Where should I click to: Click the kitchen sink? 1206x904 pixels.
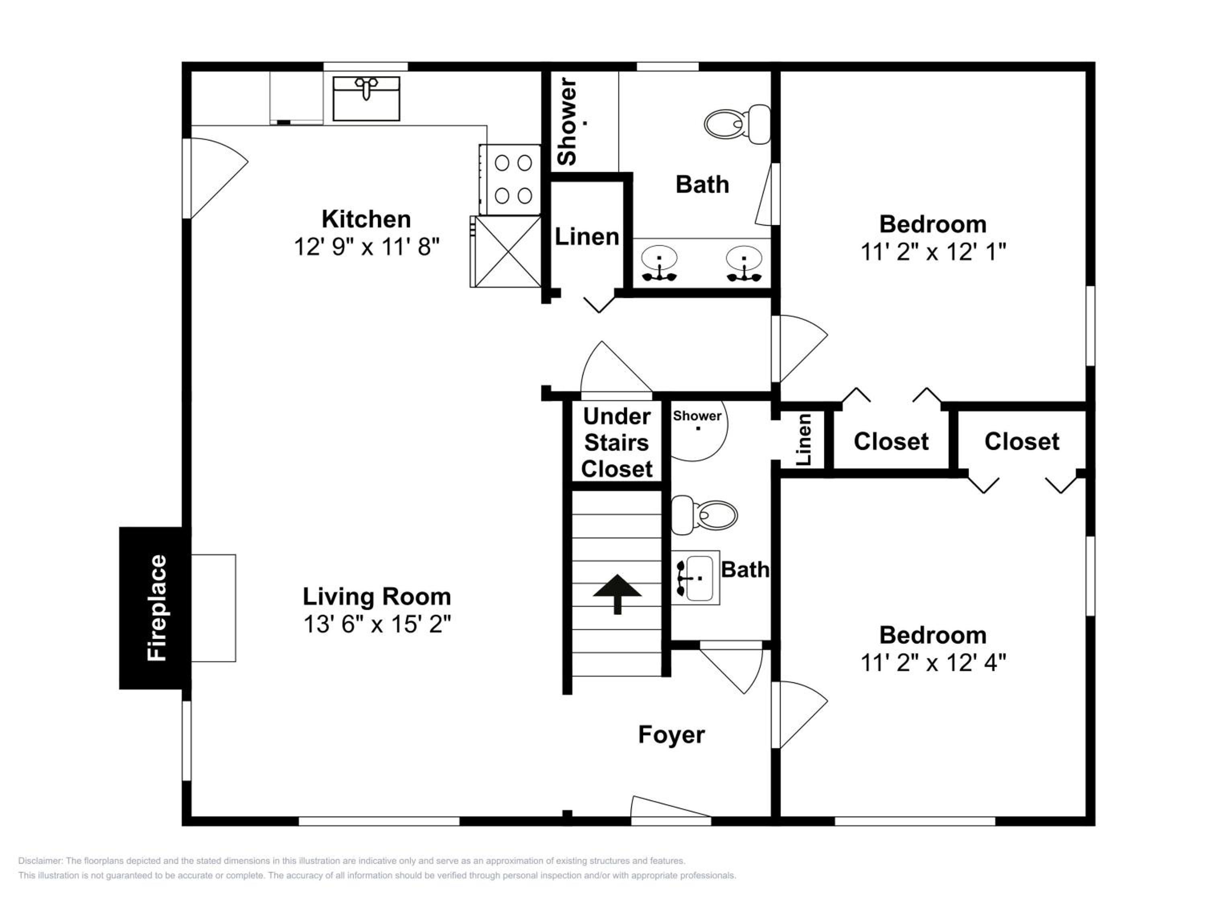click(x=366, y=98)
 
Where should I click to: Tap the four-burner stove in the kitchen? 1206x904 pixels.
click(x=510, y=179)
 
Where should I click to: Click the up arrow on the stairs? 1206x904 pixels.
click(x=617, y=594)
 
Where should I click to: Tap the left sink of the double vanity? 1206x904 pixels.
click(x=659, y=263)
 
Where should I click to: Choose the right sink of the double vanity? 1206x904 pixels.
click(x=744, y=263)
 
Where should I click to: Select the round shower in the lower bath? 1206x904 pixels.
click(x=698, y=430)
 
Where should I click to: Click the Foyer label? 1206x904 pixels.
click(x=671, y=735)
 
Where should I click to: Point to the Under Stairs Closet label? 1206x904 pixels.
click(x=617, y=442)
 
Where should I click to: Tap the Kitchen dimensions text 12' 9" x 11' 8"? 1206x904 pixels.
click(x=366, y=246)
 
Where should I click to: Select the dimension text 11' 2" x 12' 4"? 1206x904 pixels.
click(x=933, y=663)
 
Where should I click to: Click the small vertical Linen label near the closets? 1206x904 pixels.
click(x=804, y=439)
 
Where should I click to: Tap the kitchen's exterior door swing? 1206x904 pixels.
click(x=218, y=178)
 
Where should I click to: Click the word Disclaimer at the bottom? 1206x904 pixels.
click(x=40, y=861)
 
